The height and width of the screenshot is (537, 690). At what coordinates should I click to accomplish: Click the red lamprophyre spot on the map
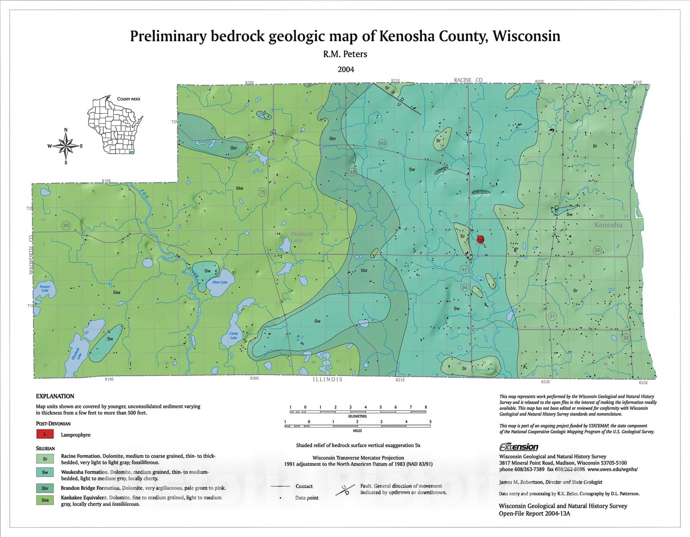pos(480,239)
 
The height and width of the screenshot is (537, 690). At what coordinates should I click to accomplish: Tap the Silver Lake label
pos(220,282)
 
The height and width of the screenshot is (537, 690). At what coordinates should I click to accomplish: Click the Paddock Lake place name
pos(301,237)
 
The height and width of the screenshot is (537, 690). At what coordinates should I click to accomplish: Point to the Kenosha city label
pos(608,225)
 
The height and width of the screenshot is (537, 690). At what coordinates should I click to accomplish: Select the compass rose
pos(66,146)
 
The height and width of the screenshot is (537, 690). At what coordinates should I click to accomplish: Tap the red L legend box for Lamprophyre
pos(45,434)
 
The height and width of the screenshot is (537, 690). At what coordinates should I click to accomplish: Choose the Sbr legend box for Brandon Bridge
pos(45,488)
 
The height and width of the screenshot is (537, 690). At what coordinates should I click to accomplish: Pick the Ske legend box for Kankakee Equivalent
pos(45,500)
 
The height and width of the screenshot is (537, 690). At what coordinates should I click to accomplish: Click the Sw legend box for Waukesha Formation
pos(45,472)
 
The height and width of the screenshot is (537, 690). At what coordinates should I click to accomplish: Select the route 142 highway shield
pos(383,143)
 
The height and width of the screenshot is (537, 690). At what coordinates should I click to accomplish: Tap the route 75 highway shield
pos(262,192)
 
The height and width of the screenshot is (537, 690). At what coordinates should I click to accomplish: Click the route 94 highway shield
pos(464,287)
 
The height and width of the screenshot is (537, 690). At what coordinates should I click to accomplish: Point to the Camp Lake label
pos(233,335)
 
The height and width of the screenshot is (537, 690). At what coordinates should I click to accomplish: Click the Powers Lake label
pos(45,288)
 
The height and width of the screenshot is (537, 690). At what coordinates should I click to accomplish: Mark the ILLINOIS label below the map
pos(328,379)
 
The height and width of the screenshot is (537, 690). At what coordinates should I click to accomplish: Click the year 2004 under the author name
pos(345,69)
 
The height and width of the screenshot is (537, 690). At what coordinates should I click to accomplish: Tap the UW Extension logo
pos(518,447)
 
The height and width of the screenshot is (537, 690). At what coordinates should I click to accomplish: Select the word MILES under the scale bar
pos(357,430)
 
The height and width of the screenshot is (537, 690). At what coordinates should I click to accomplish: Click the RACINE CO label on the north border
pos(468,80)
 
